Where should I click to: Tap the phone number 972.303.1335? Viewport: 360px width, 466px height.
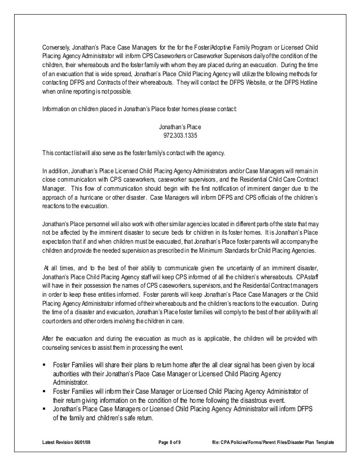[179, 136]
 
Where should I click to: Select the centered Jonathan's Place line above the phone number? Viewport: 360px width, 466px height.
[179, 128]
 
